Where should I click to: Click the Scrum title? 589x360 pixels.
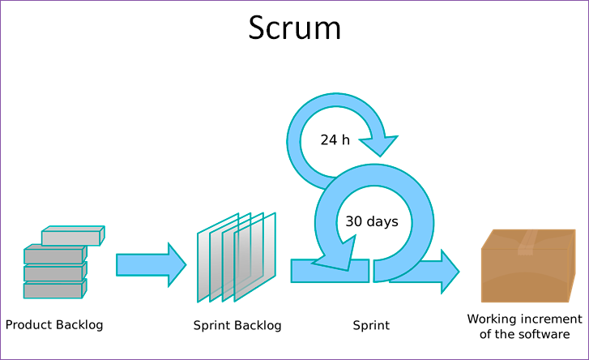295,28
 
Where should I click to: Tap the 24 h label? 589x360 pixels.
335,139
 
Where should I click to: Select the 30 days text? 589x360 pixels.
372,221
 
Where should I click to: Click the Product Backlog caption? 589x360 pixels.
54,325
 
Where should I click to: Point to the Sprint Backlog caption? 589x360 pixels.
237,326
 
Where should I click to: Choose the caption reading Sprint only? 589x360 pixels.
371,326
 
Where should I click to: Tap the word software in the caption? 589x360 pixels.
544,334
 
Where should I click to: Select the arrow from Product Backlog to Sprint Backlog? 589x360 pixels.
151,264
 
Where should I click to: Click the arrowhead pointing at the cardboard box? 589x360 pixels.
448,271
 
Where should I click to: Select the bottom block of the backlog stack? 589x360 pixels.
53,290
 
